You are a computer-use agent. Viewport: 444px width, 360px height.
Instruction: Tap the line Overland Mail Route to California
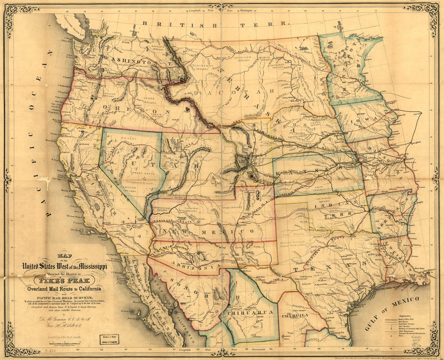[x=64, y=289]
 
